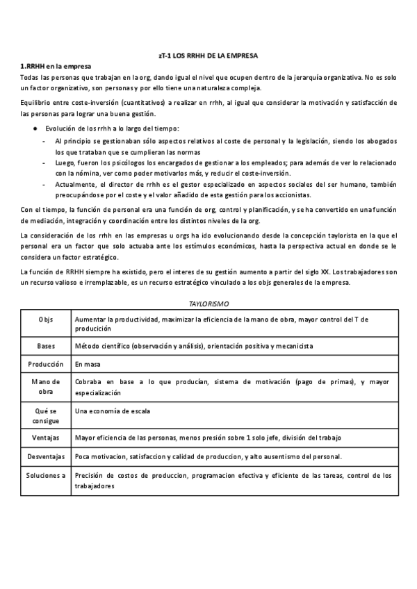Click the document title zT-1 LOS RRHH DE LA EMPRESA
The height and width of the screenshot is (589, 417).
click(x=208, y=55)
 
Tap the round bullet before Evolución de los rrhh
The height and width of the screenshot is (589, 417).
click(x=35, y=128)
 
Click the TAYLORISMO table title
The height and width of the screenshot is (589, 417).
click(x=208, y=304)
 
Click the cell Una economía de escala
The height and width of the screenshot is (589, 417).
click(x=112, y=410)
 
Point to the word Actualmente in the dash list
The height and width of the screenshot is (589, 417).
click(x=73, y=184)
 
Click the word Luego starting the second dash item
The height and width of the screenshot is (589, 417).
click(x=63, y=162)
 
